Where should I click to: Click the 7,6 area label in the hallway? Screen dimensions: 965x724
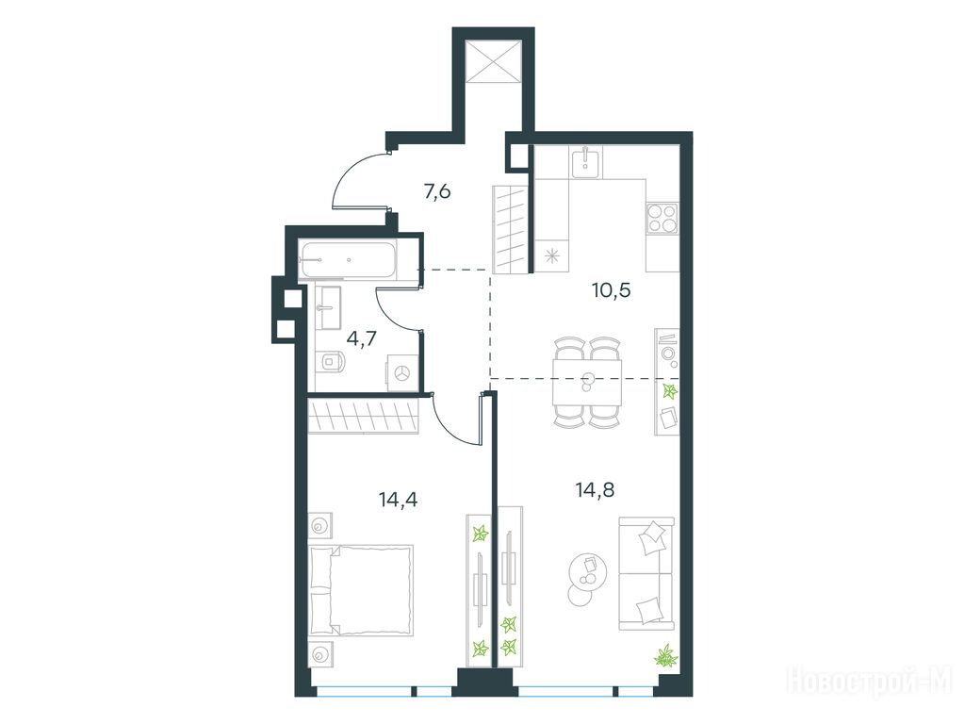(437, 192)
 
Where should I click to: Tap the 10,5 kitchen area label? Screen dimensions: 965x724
(611, 289)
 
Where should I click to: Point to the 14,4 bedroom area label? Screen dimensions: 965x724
(399, 500)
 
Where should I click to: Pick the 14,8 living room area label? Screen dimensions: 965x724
(596, 490)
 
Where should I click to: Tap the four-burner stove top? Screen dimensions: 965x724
(662, 219)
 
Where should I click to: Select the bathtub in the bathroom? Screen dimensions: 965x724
(347, 260)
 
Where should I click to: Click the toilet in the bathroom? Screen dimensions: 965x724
(332, 362)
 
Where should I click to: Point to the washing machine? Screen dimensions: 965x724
(402, 373)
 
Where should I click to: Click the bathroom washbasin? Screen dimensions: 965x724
(329, 307)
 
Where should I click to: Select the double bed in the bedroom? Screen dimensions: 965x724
(361, 590)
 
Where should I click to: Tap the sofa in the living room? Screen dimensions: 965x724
(646, 573)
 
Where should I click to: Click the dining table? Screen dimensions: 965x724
(587, 383)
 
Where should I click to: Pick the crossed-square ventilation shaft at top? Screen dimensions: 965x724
(494, 61)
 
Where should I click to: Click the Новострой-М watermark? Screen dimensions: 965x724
(870, 681)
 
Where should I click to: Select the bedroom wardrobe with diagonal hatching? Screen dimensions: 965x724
(364, 417)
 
